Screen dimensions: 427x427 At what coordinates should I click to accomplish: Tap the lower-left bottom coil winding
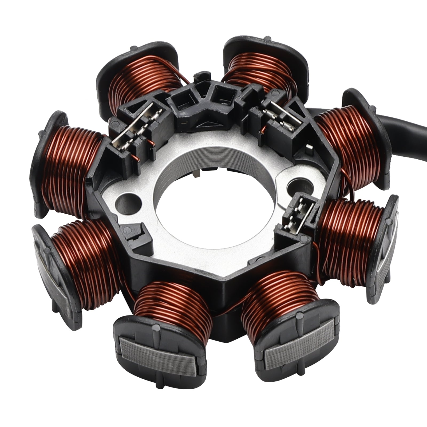coord(171,302)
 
